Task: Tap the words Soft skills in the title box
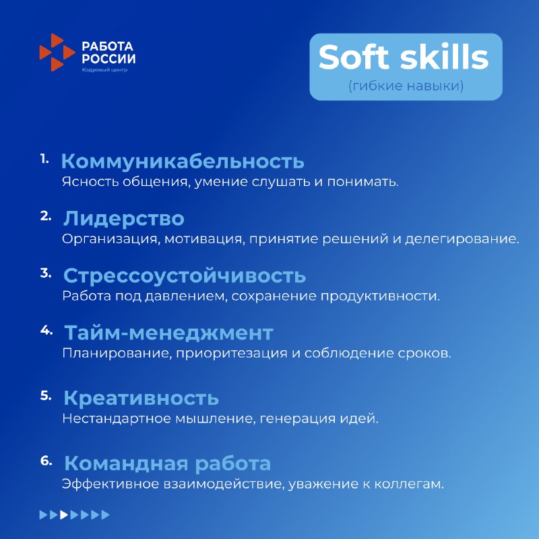(404, 57)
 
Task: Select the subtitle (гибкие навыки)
(406, 86)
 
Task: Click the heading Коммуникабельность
(183, 161)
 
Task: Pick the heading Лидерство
(124, 218)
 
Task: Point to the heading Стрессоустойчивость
(185, 276)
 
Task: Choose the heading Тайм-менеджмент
(169, 333)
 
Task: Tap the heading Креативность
(141, 398)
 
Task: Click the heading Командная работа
(167, 464)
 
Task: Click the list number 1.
(44, 159)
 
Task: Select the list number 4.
(46, 330)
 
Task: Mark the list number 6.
(46, 461)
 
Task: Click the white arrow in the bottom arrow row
(64, 515)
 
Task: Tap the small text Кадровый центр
(104, 70)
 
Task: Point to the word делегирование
(462, 239)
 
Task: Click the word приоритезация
(232, 353)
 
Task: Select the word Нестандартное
(117, 418)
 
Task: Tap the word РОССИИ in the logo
(108, 59)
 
